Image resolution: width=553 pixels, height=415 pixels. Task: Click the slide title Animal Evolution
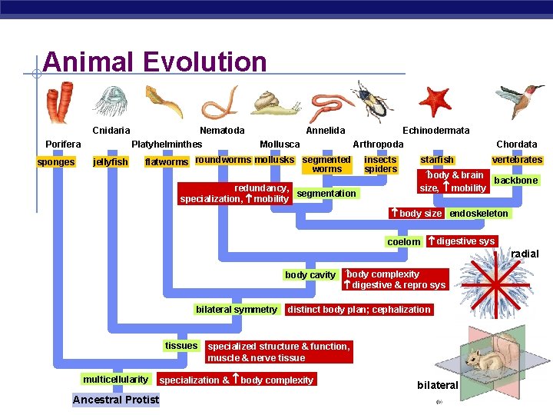(x=154, y=62)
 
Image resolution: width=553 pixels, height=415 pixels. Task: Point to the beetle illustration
(x=371, y=101)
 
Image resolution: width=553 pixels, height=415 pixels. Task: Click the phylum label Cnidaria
(x=111, y=131)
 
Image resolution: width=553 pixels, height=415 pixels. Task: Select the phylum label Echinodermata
(x=435, y=131)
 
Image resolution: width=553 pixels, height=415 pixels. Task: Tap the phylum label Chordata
(x=516, y=144)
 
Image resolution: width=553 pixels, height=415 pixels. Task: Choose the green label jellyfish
(x=110, y=162)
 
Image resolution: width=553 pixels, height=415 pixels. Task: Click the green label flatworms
(x=167, y=162)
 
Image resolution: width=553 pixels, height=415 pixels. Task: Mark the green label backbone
(x=515, y=181)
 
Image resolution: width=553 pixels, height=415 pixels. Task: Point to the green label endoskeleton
(x=478, y=214)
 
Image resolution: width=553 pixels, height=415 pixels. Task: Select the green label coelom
(x=403, y=241)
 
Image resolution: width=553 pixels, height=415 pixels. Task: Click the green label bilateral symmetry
(x=236, y=310)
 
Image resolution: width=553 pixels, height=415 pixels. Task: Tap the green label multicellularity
(x=115, y=380)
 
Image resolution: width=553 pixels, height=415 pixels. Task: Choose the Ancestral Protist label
(x=116, y=400)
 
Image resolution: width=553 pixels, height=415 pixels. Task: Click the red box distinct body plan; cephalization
(x=358, y=310)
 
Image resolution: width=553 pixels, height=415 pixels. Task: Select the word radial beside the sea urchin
(x=525, y=254)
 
